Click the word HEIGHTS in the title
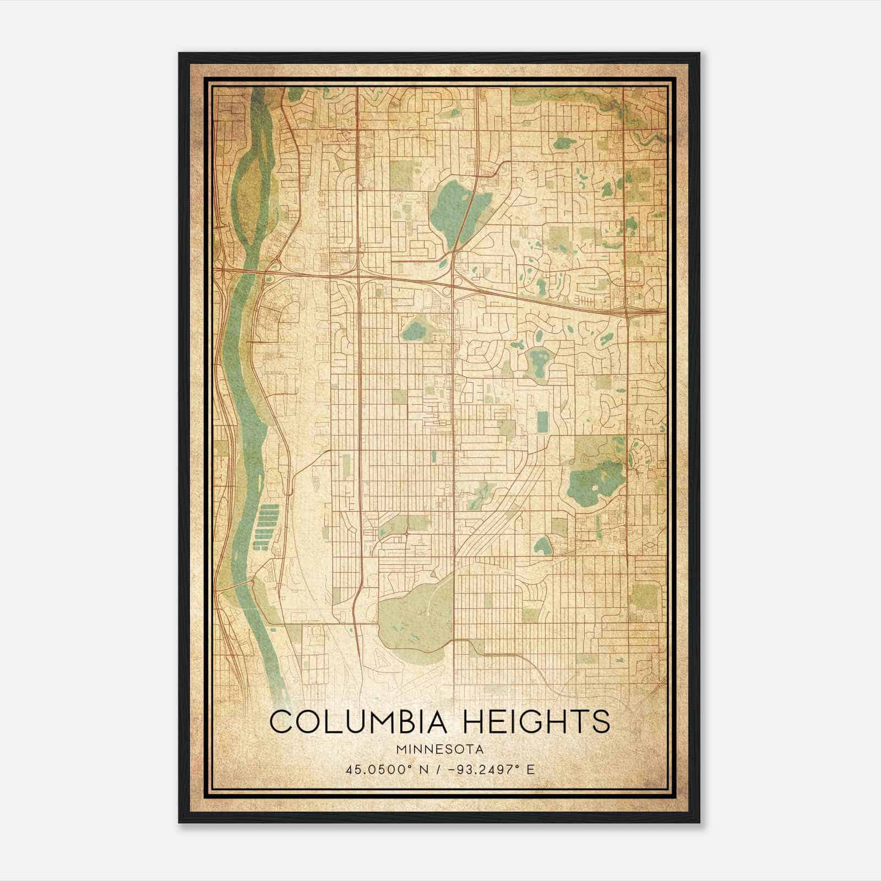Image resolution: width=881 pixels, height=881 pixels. [536, 722]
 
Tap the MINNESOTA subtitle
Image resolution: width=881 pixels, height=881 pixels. [439, 749]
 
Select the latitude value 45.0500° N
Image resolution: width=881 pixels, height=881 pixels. [380, 769]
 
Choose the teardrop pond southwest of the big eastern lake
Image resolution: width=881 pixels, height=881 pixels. [543, 546]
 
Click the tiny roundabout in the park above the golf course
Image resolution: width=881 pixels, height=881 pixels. [406, 534]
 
